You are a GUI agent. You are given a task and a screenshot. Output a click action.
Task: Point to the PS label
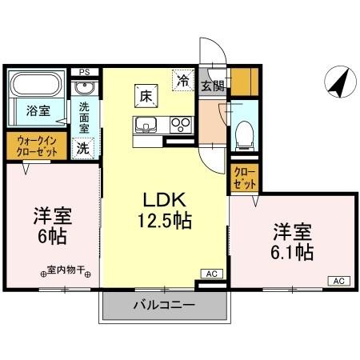(x=85, y=72)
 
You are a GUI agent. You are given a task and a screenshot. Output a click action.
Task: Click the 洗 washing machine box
(x=83, y=147)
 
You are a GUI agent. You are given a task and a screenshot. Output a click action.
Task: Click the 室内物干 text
(x=67, y=271)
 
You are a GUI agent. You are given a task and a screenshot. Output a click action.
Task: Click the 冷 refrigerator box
(x=184, y=80)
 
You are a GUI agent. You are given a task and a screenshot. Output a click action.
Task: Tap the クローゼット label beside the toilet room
(x=243, y=177)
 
